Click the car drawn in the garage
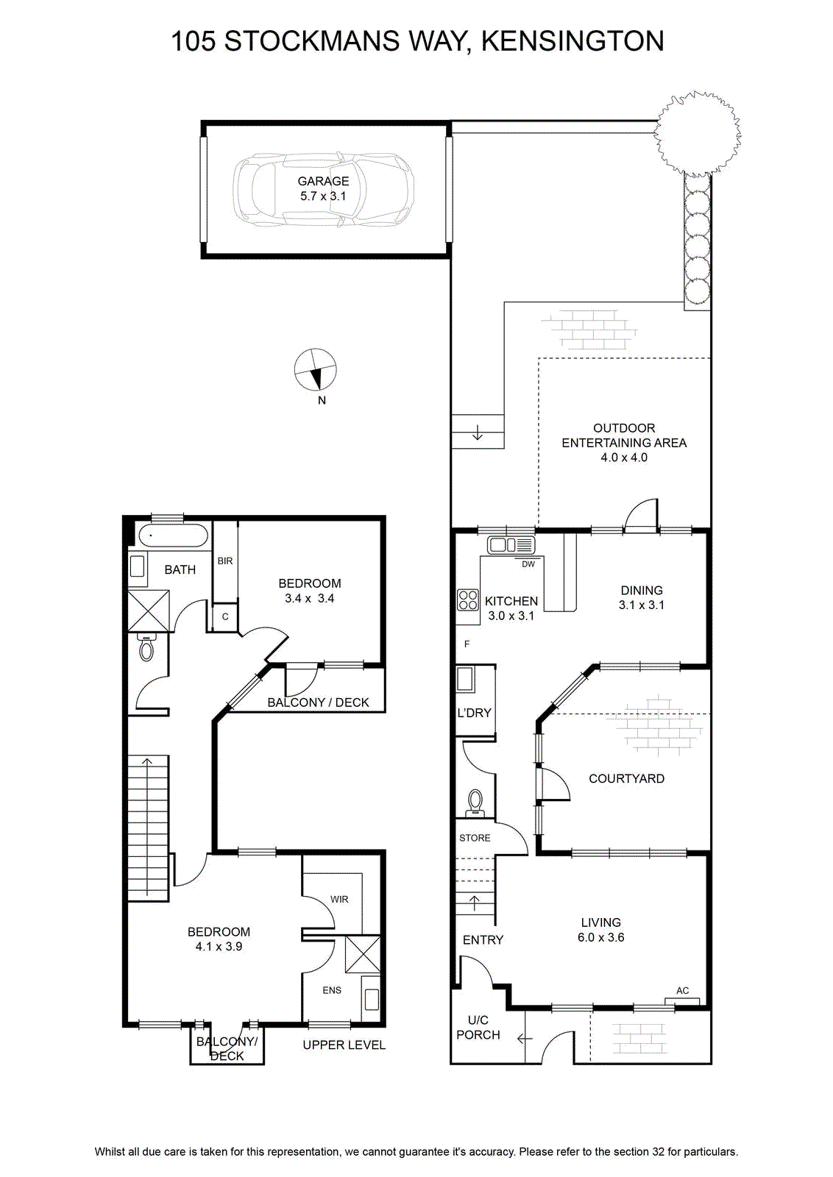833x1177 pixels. pos(323,190)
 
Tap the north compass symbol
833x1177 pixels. pos(315,371)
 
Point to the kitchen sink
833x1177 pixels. pos(511,545)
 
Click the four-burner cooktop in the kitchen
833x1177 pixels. pos(468,600)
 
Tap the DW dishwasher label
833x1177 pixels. pos(528,564)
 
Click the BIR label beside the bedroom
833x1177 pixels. pos(225,561)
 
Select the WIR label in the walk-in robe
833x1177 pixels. pos(339,899)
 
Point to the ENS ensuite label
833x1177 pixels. pos(332,990)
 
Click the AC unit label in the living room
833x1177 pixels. pos(682,990)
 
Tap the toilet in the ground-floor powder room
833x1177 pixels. pos(475,803)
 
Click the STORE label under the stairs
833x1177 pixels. pos(475,838)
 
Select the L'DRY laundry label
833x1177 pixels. pos(474,713)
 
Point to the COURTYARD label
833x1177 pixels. pos(626,779)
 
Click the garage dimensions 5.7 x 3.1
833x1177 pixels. pos(323,196)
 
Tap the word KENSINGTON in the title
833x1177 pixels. pos(573,41)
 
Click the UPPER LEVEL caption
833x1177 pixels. pos(344,1045)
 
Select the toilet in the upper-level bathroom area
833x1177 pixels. pos(146,647)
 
